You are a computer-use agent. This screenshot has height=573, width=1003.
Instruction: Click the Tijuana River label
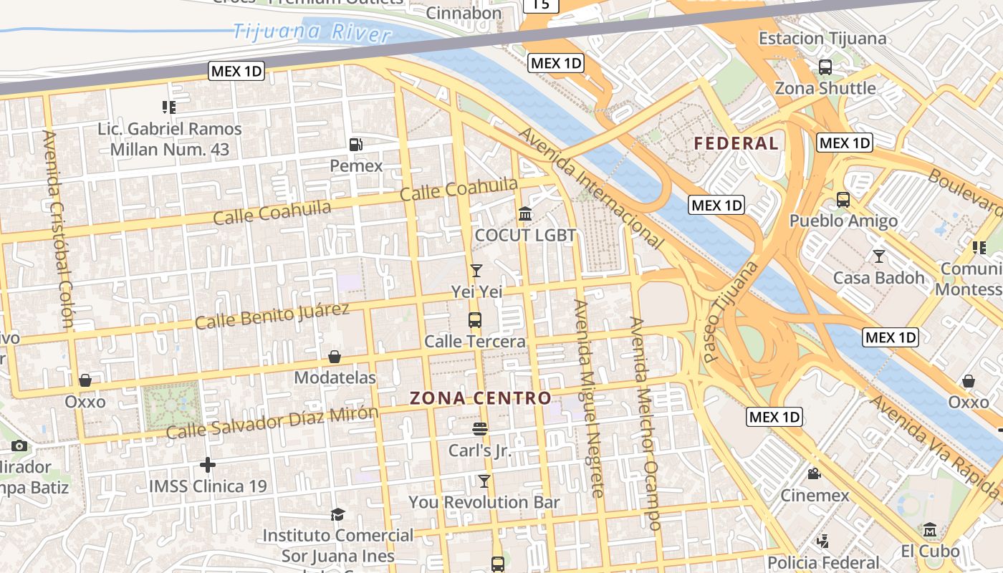(312, 32)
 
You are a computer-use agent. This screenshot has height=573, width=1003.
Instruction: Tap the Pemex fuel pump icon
(356, 145)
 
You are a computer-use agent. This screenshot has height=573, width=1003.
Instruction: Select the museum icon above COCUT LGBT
(525, 214)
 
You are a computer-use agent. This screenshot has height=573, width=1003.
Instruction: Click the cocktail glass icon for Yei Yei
(476, 270)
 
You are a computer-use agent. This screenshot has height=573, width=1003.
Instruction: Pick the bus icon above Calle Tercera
(475, 320)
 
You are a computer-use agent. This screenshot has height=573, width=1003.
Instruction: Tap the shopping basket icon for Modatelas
(335, 357)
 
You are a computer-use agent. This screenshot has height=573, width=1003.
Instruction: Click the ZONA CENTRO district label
(480, 399)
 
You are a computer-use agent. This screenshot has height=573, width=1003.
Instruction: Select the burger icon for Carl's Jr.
(480, 429)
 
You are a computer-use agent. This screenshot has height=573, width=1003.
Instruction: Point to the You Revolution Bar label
(484, 503)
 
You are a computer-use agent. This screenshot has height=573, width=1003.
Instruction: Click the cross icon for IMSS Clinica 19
(208, 465)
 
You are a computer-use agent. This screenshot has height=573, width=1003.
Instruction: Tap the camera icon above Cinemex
(815, 473)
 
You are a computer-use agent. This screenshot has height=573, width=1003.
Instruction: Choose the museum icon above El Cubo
(930, 530)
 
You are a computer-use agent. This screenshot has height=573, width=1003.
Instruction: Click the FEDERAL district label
(736, 143)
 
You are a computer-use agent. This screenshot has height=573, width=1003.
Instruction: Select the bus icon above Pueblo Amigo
(843, 200)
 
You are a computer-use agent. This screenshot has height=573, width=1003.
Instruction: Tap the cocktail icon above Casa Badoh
(879, 256)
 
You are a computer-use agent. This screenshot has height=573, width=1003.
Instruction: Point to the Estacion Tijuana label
(822, 38)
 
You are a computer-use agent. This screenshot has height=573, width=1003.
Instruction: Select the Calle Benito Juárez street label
(272, 316)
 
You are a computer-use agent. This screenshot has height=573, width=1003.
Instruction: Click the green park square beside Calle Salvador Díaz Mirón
(171, 405)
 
